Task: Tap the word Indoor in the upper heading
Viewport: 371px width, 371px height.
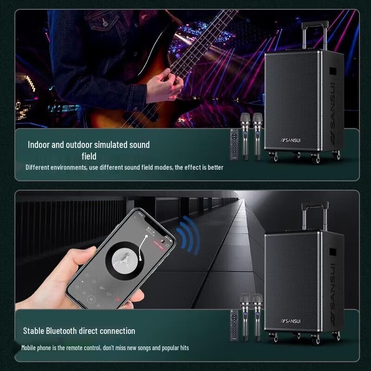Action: tap(38, 145)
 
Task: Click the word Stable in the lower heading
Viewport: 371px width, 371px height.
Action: tap(34, 331)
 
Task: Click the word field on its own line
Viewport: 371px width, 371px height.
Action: tap(89, 156)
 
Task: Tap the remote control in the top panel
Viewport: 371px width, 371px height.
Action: tap(235, 144)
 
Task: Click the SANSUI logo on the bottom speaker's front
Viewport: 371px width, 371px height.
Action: tap(291, 320)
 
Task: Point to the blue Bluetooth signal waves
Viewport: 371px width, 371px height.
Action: tap(190, 234)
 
